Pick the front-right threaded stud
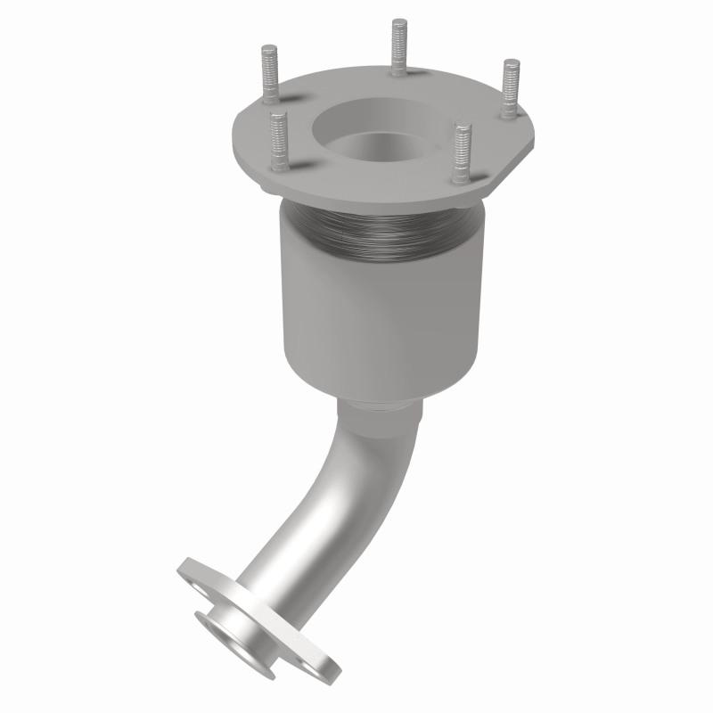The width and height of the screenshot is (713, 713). [461, 152]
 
